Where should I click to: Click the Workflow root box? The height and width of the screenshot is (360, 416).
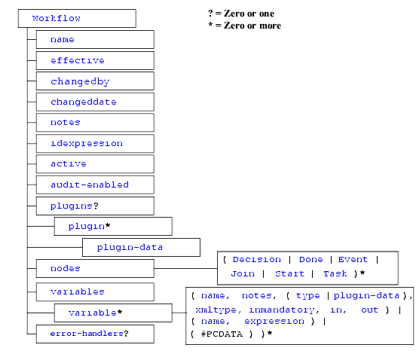click(x=77, y=18)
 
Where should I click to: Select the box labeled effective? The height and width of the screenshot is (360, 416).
click(x=95, y=60)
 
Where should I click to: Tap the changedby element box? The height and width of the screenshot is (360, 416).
click(x=95, y=81)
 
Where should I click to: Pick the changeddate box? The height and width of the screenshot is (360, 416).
click(x=95, y=102)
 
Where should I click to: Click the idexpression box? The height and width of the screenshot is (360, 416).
click(x=95, y=143)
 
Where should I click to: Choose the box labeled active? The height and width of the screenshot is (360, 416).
click(x=95, y=164)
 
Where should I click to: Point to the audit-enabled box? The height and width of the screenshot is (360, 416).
click(x=95, y=185)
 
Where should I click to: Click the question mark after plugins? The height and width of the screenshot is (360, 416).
click(x=96, y=206)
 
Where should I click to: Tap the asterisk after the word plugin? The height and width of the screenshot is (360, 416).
click(x=108, y=226)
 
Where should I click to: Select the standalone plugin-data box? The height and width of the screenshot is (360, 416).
click(x=141, y=247)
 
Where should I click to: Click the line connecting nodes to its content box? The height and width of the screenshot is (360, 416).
click(x=185, y=268)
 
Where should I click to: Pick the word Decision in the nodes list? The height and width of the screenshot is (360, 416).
click(x=256, y=260)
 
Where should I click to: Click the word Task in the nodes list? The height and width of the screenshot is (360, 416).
click(x=335, y=273)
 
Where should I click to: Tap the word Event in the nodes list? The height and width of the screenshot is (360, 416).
click(x=353, y=260)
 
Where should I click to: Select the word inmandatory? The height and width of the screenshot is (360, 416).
click(x=282, y=310)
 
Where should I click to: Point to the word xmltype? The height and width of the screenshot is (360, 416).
click(x=216, y=310)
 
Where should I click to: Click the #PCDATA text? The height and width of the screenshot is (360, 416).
click(x=222, y=334)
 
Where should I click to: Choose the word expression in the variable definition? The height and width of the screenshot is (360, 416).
click(x=274, y=322)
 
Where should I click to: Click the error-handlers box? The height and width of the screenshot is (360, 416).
click(x=95, y=334)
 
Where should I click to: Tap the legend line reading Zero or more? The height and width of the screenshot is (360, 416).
click(x=245, y=26)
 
